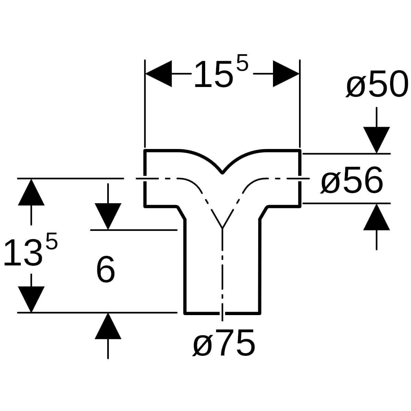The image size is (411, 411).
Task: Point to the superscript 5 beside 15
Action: click(243, 63)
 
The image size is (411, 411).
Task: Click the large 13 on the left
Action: click(22, 253)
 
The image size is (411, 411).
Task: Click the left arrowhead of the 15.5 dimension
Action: click(159, 74)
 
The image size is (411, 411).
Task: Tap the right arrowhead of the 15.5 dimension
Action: click(286, 74)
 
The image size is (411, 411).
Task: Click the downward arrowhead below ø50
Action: click(376, 140)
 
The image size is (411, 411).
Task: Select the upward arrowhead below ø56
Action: click(376, 217)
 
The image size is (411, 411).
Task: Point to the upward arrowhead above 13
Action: click(31, 192)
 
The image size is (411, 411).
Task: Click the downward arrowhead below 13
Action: click(31, 299)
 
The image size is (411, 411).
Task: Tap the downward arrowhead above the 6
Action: click(108, 216)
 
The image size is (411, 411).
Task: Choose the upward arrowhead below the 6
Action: click(108, 326)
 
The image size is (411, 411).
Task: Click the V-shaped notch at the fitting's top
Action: click(222, 173)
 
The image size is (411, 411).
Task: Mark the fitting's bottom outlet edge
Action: click(222, 313)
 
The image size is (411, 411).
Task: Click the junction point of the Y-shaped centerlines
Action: click(222, 228)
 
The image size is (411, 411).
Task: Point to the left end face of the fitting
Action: click(145, 178)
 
